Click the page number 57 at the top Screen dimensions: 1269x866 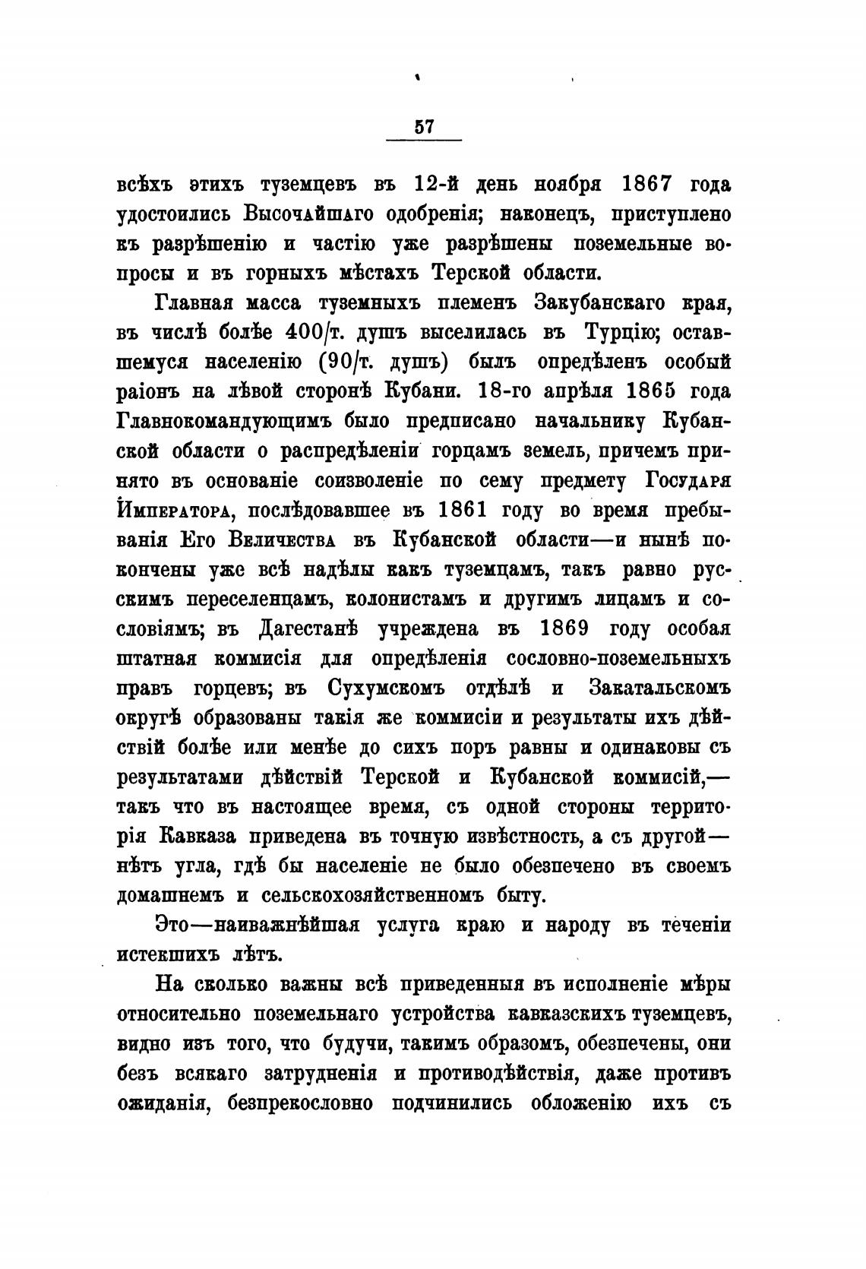click(424, 127)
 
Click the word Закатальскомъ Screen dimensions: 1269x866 click(658, 688)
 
